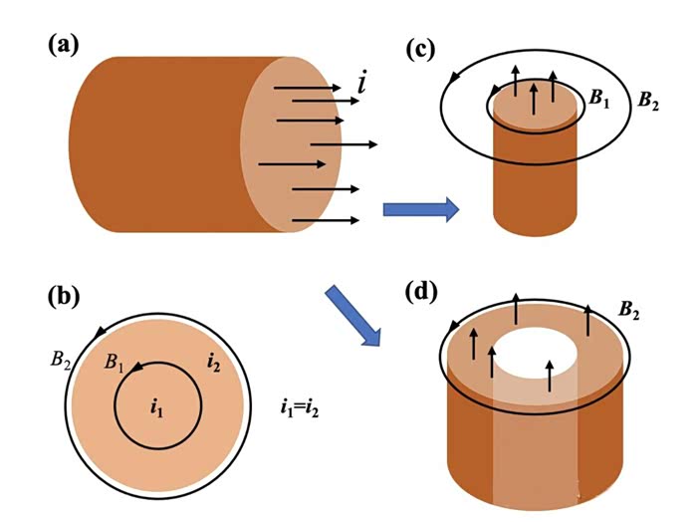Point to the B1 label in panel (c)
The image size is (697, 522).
pos(600,97)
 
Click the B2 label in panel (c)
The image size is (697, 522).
pos(648,102)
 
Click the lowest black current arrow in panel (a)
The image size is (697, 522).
pos(325,219)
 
